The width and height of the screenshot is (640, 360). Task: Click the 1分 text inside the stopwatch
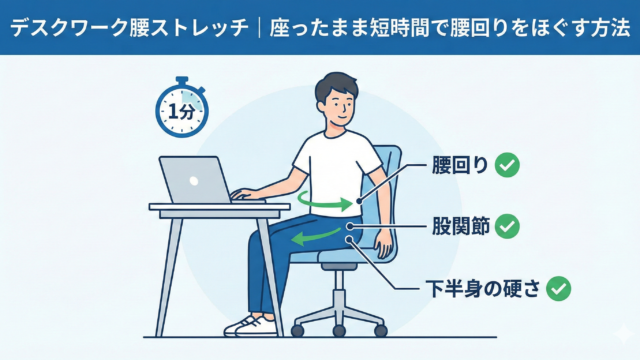tap(181, 111)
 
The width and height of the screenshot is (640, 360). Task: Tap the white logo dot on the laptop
tap(194, 180)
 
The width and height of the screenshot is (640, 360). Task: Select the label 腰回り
tap(460, 165)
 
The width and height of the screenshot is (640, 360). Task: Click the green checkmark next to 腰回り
tap(507, 165)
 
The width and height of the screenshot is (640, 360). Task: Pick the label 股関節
tap(461, 226)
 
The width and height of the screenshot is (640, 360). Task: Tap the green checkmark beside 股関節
tap(507, 227)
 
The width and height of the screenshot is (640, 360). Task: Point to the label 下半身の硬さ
tap(482, 288)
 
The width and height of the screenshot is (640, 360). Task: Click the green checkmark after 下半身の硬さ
tap(559, 289)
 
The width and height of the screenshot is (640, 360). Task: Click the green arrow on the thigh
tap(315, 237)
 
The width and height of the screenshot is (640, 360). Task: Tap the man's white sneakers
tap(250, 325)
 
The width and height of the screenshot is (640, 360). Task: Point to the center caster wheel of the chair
tap(339, 330)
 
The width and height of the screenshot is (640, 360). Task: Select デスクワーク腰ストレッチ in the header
tap(129, 29)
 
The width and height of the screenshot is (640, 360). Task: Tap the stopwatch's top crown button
tap(182, 80)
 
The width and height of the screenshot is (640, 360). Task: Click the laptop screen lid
tap(196, 180)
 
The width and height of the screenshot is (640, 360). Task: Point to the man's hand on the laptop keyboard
tap(245, 194)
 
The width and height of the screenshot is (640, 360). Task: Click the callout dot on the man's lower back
tap(359, 201)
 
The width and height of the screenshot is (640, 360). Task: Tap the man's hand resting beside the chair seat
tap(384, 244)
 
